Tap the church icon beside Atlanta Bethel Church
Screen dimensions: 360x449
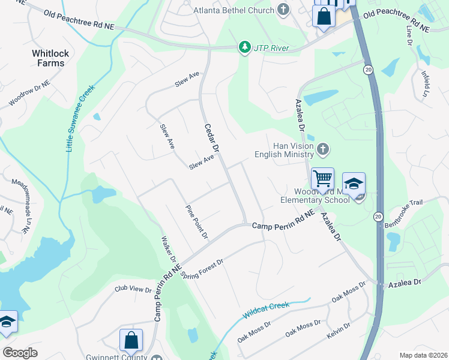(x=283, y=10)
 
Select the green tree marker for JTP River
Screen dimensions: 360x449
(x=244, y=47)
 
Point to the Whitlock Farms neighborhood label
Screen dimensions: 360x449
(x=50, y=58)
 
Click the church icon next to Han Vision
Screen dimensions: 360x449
(x=323, y=148)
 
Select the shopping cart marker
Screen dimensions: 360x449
(x=322, y=178)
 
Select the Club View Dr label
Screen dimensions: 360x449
(x=133, y=289)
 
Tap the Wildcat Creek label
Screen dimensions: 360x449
(x=266, y=311)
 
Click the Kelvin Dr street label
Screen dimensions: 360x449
(x=339, y=329)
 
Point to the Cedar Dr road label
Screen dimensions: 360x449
(x=211, y=137)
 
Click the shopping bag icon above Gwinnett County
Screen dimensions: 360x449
(x=131, y=340)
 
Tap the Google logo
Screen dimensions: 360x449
(x=20, y=353)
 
